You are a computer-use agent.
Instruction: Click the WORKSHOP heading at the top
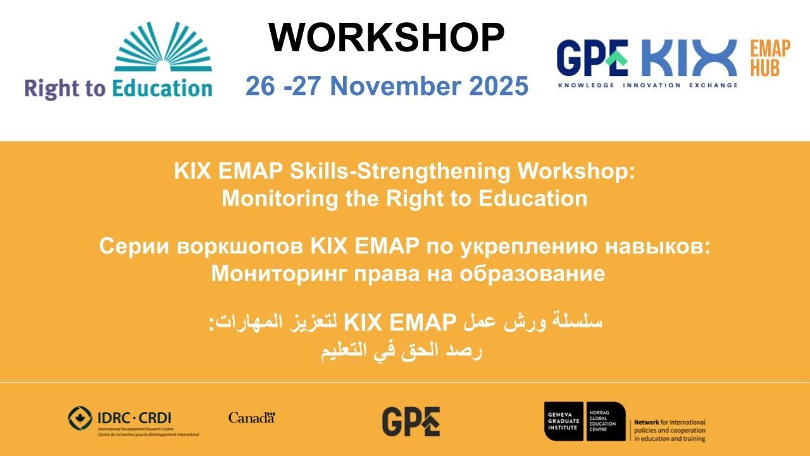387,37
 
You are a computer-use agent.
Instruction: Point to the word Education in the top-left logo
162,88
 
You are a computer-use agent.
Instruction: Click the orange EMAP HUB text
769,58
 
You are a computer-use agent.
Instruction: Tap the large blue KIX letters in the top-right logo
689,58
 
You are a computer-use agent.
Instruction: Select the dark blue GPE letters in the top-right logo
592,58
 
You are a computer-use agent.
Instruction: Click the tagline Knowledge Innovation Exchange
647,85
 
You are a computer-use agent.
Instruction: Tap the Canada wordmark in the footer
251,417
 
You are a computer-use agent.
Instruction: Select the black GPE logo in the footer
411,421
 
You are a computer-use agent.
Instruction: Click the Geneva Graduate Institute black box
564,421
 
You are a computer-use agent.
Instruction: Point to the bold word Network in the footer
649,422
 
